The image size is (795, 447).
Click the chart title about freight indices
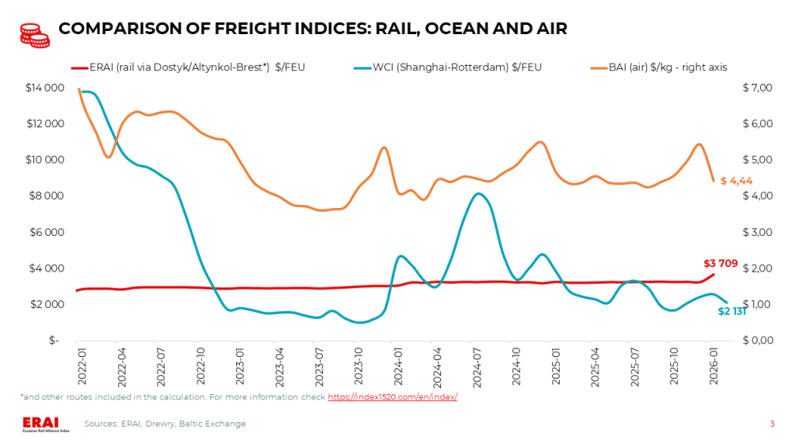[x=313, y=29]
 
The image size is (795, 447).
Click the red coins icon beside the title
[x=34, y=34]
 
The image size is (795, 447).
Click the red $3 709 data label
[x=720, y=263]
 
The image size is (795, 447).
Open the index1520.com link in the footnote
[x=392, y=397]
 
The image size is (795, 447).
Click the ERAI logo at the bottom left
[x=45, y=424]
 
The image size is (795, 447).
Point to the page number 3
[x=772, y=424]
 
